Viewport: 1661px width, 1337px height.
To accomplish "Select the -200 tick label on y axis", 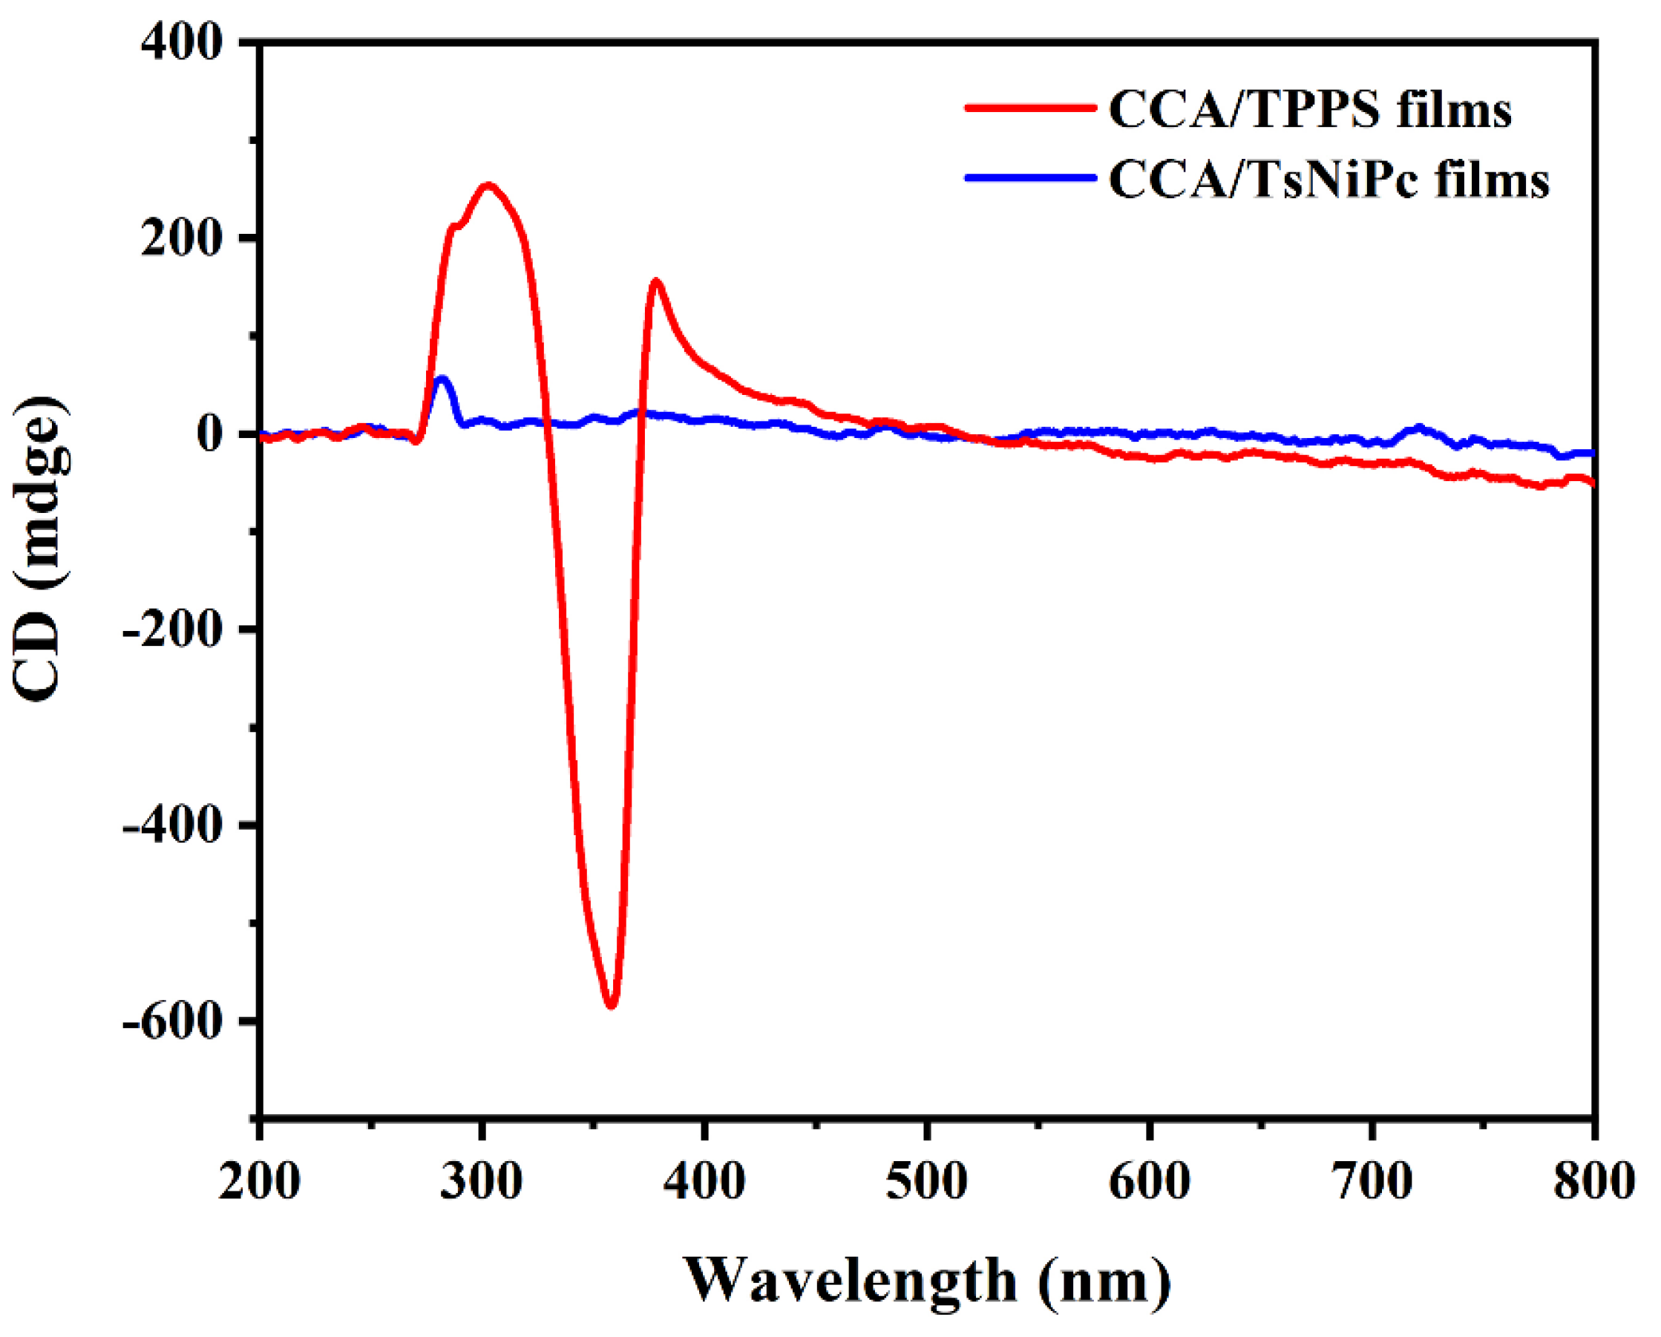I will (173, 630).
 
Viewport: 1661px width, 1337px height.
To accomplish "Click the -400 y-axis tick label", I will (173, 826).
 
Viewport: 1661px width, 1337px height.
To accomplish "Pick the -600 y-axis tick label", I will (173, 1021).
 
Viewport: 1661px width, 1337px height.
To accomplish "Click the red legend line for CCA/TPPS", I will (1030, 108).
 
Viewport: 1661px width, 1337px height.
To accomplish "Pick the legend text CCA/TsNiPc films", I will (1329, 180).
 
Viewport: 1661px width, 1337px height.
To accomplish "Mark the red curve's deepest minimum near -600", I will (612, 1005).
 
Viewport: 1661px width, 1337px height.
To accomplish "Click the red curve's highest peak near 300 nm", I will (487, 186).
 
